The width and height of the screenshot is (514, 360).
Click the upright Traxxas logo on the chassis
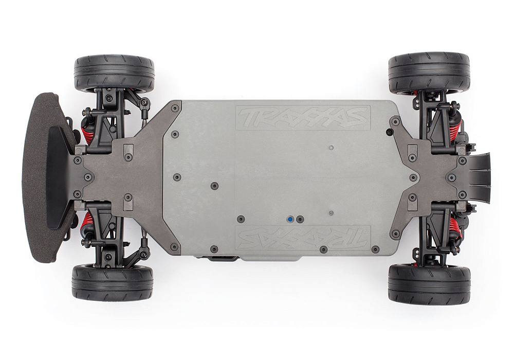coord(303,118)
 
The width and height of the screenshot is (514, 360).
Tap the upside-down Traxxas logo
coord(303,237)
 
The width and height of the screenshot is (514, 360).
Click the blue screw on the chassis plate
coord(291,219)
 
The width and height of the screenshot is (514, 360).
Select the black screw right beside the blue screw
coord(300,219)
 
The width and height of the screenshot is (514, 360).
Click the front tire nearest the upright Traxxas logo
coord(114,74)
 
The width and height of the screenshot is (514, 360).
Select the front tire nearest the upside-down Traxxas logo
coord(113,282)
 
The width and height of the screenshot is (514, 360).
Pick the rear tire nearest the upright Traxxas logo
coord(429,72)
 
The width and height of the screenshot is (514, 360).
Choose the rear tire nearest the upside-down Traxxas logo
coord(429,284)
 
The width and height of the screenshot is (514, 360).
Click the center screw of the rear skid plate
coord(414,177)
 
